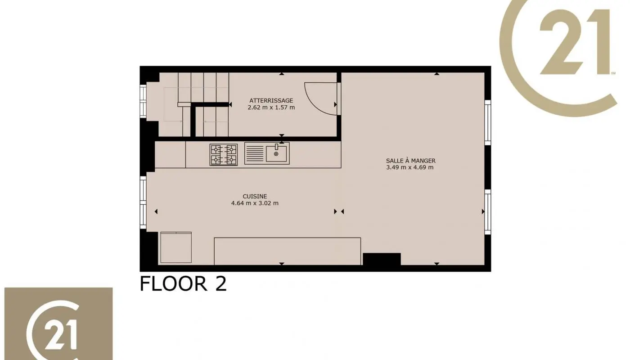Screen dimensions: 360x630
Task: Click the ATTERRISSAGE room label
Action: coord(271,100)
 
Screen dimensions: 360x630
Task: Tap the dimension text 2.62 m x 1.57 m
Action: coord(271,108)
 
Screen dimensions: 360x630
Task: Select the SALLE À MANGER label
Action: coord(410,161)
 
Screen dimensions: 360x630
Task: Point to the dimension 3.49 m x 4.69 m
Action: coord(410,167)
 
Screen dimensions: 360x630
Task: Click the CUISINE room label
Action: coord(255,196)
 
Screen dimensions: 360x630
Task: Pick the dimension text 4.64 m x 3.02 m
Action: coord(255,203)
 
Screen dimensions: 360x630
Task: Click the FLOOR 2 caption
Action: coord(183,284)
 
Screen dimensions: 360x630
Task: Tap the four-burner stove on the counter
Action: coord(223,154)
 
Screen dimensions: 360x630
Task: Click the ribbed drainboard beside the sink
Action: coord(254,154)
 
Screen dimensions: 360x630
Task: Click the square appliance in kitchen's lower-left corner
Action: coord(176,247)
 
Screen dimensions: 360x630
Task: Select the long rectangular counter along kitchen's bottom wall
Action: coord(287,251)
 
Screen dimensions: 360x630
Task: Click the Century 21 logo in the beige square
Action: coord(58,324)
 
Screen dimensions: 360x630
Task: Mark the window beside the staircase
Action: coord(143,101)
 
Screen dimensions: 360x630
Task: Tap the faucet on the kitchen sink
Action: coord(277,146)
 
